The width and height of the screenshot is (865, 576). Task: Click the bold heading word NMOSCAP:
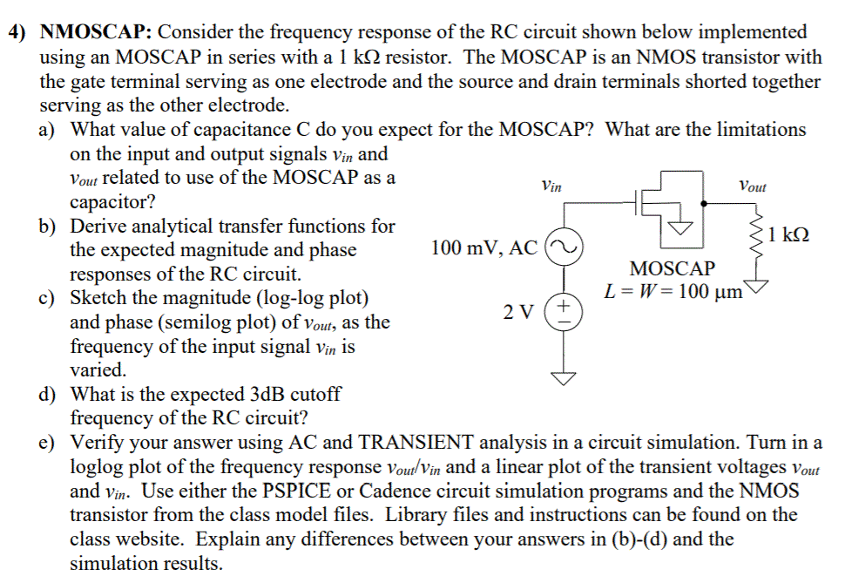[x=96, y=33]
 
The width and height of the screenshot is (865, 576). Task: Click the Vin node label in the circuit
[x=551, y=186]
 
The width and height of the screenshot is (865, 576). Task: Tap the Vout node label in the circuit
[x=752, y=186]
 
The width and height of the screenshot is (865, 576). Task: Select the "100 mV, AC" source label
[x=483, y=247]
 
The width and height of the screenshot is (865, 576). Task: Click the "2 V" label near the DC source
[x=521, y=311]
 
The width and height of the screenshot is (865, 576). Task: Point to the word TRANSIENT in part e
[x=415, y=443]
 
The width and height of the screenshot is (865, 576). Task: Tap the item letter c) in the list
[x=48, y=298]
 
